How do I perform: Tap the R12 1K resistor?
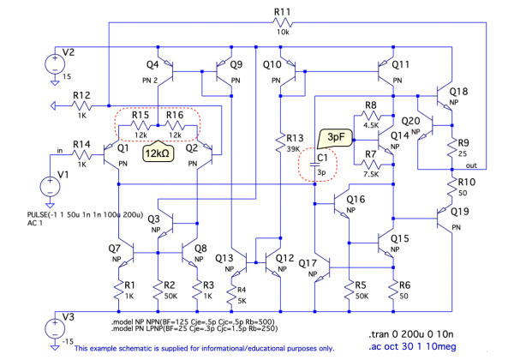click(82, 105)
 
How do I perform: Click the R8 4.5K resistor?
click(370, 115)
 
